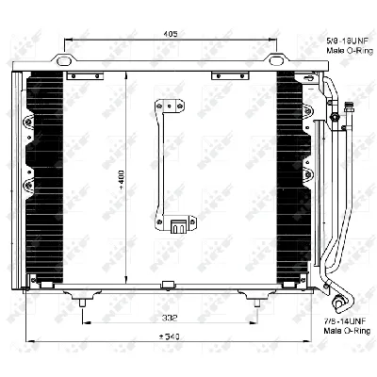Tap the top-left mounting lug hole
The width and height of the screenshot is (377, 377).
(63, 63)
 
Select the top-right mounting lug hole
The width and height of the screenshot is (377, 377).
(276, 63)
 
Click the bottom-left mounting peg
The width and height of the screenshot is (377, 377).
(84, 303)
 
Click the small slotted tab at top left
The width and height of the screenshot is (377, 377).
(88, 75)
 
